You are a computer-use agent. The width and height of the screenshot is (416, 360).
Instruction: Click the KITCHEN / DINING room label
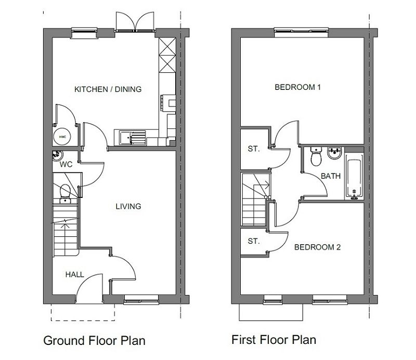pos(108,89)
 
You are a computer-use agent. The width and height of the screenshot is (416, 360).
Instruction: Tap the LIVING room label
pos(128,206)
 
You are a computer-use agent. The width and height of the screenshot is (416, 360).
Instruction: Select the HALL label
pos(75,274)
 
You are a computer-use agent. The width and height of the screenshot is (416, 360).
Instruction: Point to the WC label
pos(66,164)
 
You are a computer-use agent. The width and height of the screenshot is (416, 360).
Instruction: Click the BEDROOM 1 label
pos(297,87)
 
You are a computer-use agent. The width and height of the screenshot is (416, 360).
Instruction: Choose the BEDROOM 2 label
pos(317,247)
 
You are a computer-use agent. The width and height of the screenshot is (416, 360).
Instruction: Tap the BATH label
pos(331,176)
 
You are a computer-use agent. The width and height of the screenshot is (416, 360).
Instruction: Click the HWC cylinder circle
pos(62,137)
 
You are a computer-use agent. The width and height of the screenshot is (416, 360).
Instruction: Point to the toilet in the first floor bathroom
pos(316,156)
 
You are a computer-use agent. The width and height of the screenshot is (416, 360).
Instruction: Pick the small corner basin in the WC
pos(57,155)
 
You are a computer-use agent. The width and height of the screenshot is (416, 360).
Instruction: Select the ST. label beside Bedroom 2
pos(254,241)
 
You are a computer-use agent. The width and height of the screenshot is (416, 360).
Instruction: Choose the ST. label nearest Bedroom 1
pos(254,149)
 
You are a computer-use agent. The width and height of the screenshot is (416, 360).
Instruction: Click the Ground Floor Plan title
pos(95,340)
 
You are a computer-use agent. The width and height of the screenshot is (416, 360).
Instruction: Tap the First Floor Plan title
pos(274,340)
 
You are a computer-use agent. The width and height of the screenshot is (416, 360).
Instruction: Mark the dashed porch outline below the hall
pos(83,321)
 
